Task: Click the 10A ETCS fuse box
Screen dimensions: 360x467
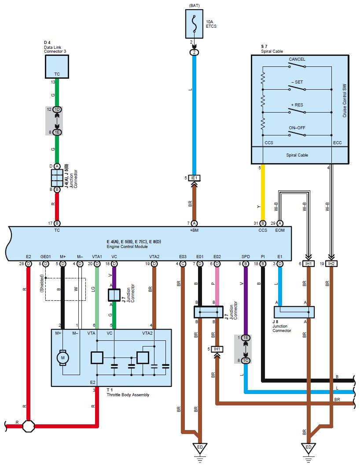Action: point(195,24)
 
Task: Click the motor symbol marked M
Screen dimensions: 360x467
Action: point(62,358)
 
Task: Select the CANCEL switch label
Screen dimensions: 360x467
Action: point(297,59)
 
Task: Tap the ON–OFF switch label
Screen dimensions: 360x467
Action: point(297,128)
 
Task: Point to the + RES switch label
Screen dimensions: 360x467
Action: point(297,105)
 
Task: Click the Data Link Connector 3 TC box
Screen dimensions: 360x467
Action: point(57,67)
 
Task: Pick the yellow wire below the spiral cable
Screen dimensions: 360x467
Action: point(263,192)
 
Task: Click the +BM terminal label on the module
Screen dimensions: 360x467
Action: point(195,230)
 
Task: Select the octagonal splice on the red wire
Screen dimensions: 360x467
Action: point(29,426)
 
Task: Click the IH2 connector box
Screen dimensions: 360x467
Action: point(331,263)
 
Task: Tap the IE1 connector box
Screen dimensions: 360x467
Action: point(195,178)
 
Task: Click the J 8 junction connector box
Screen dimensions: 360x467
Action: point(294,312)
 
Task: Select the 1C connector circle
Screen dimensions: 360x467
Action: point(246,361)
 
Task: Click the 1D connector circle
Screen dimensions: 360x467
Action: point(57,109)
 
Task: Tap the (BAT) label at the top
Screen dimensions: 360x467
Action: point(195,6)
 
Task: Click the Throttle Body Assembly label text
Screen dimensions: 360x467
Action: point(128,394)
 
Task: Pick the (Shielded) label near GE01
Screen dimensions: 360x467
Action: point(42,283)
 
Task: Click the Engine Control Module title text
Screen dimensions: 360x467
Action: point(127,247)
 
